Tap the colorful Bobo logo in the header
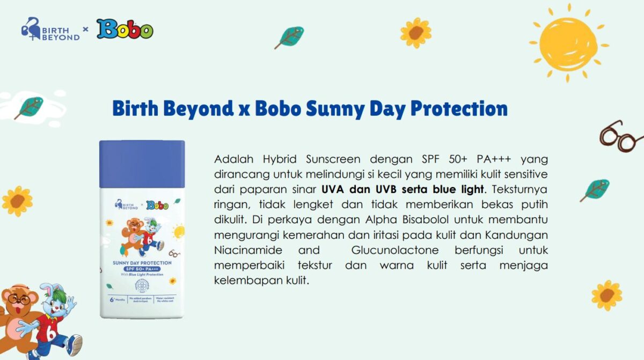(125, 30)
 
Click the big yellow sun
(568, 43)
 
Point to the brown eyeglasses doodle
(620, 137)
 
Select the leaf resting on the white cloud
(30, 107)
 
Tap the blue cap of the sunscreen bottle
(142, 164)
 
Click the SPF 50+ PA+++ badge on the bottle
(142, 269)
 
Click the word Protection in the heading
(459, 109)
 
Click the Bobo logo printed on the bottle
(157, 205)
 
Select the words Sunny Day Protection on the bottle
(142, 263)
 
